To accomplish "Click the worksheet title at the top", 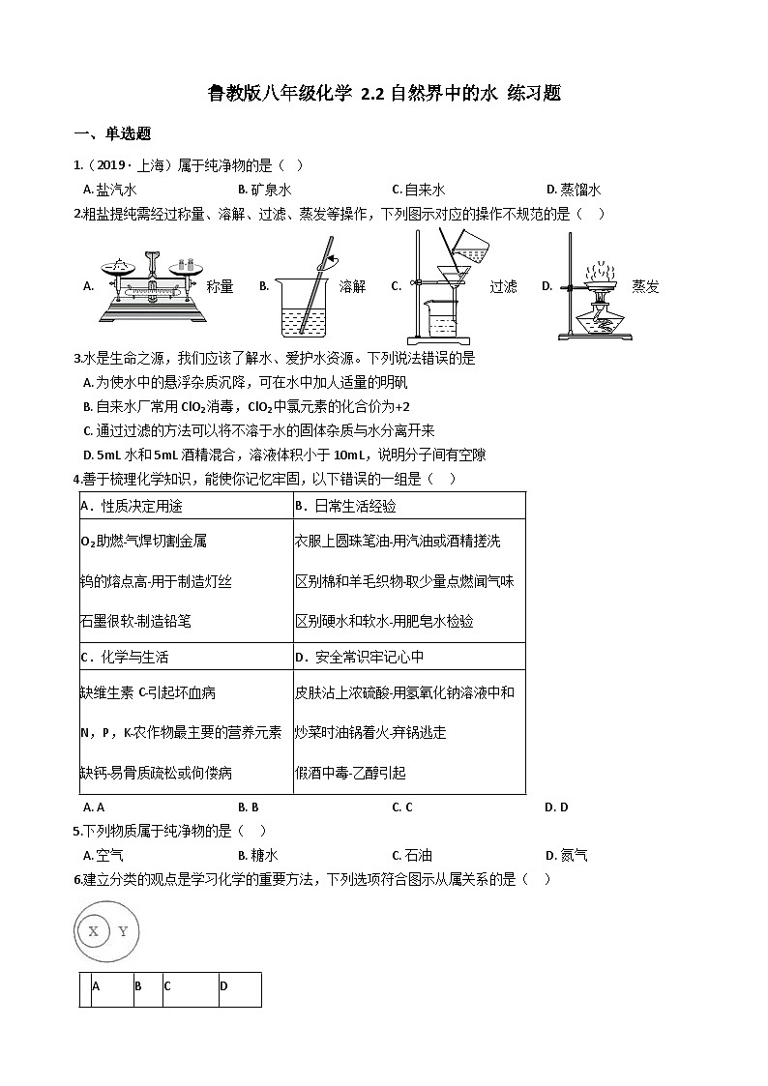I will [x=384, y=94].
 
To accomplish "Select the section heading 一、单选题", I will [x=112, y=134].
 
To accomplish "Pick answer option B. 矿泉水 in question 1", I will [x=264, y=191].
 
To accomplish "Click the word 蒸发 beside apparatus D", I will [x=645, y=286].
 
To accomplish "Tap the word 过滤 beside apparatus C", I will [x=503, y=286].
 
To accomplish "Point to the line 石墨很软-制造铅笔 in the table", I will [x=135, y=622].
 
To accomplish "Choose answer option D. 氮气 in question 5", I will [x=566, y=855].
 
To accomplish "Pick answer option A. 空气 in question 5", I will [x=103, y=855].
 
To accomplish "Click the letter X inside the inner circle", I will [x=93, y=931].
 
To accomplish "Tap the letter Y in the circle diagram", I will [x=123, y=931].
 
